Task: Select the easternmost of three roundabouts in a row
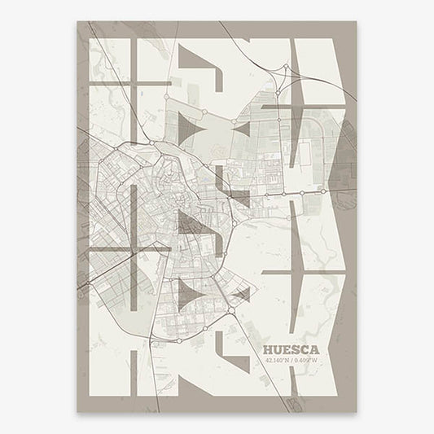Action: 324,192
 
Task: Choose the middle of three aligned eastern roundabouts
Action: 302,192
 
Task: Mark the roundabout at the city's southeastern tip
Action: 232,309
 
